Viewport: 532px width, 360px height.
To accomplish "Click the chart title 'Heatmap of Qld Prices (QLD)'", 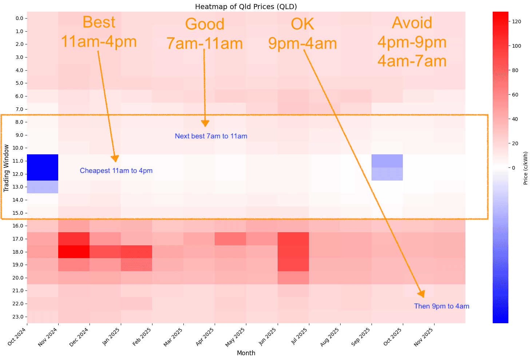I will [246, 7].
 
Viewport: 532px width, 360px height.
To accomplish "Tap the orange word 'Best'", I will [99, 22].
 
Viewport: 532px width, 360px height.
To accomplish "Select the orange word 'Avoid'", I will [412, 23].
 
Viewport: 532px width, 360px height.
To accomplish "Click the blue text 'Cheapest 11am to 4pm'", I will [116, 171].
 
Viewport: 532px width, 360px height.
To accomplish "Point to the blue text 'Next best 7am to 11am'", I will [211, 136].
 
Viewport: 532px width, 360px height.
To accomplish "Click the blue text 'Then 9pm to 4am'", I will [441, 306].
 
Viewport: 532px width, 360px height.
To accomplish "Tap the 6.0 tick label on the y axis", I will [19, 96].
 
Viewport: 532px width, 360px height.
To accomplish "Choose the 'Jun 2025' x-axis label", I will [268, 337].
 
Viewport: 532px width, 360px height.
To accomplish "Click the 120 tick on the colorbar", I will [516, 21].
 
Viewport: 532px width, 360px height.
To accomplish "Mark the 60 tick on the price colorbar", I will [515, 95].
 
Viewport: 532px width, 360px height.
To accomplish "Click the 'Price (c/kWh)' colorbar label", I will [525, 168].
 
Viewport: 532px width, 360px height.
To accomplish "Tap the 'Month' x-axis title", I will [246, 353].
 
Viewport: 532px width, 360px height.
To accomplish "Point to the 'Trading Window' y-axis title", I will [6, 168].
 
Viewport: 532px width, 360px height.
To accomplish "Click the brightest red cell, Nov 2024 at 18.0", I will [74, 252].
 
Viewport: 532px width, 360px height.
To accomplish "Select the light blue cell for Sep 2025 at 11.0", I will [387, 161].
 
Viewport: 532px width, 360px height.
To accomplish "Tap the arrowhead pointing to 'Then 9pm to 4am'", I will [422, 294].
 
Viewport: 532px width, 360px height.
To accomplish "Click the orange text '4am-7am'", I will [412, 61].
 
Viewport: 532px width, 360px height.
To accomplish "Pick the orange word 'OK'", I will [302, 24].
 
